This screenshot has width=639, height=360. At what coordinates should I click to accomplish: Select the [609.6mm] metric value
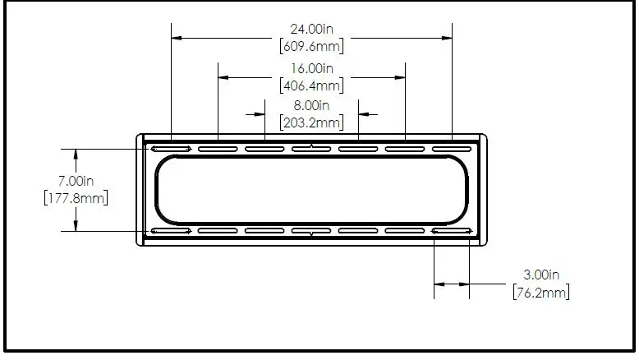[x=311, y=44]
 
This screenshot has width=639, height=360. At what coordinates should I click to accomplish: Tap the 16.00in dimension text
[x=311, y=68]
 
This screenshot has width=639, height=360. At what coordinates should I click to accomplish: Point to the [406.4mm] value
[x=311, y=85]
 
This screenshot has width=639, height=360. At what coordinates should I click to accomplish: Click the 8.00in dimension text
[x=311, y=106]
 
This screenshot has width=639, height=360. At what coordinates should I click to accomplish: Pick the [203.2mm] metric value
[x=311, y=122]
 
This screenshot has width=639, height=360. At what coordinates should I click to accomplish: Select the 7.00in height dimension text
[x=75, y=180]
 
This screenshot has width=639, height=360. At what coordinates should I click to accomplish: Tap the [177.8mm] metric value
[x=75, y=197]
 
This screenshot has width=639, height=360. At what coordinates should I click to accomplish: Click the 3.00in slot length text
[x=541, y=275]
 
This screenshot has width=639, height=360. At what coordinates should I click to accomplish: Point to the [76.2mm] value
[x=541, y=292]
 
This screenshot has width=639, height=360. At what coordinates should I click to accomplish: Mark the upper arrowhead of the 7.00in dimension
[x=76, y=154]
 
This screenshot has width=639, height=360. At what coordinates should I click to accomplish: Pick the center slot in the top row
[x=311, y=149]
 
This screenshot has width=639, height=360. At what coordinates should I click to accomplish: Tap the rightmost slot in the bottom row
[x=452, y=232]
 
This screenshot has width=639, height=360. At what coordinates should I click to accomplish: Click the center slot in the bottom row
[x=311, y=232]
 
